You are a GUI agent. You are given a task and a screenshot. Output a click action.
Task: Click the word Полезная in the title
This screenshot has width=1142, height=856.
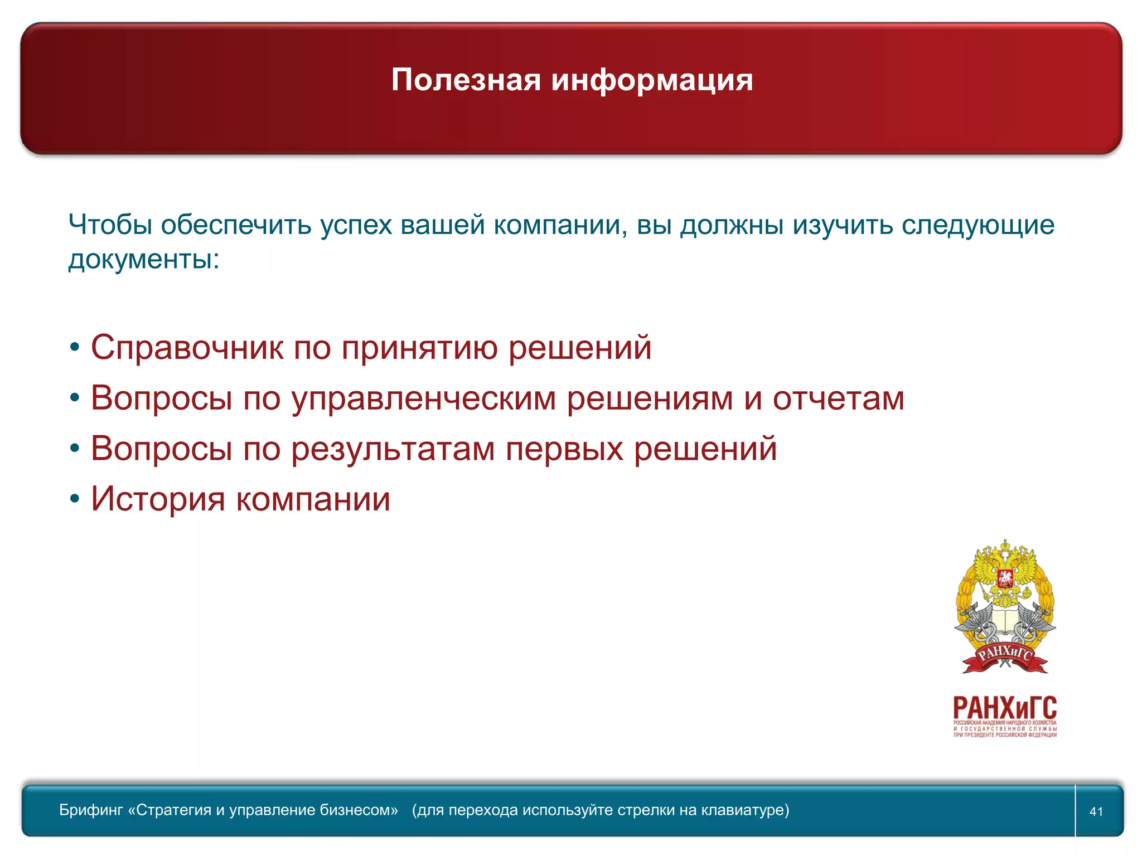466,80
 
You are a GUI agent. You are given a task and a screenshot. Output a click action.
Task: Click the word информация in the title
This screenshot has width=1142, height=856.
652,80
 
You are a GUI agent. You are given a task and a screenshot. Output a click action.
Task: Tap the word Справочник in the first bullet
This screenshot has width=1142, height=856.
187,348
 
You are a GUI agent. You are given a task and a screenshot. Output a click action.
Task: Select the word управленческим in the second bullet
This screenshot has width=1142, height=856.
424,399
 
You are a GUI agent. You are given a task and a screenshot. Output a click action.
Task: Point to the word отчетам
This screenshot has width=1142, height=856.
838,399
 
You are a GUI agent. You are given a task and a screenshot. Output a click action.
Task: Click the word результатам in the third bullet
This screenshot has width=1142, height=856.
393,449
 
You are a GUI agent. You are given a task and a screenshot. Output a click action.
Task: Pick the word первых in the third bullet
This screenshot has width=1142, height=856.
564,449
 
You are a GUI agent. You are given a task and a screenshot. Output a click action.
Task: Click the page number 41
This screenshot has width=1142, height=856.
1096,811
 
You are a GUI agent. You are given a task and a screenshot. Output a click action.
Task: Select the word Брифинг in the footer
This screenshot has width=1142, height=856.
91,810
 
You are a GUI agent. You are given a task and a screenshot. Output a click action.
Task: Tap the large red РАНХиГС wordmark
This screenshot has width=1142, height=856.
1005,708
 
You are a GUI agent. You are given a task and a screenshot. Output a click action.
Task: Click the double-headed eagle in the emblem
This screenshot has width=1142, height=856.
1005,574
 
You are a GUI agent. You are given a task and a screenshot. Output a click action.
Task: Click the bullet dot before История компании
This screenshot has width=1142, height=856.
75,499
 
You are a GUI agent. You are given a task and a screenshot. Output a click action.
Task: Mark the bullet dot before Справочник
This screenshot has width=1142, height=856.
75,348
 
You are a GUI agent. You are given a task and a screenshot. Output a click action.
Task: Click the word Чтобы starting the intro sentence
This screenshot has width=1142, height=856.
110,225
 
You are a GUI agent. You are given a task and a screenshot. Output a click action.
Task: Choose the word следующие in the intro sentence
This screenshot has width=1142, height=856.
978,225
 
